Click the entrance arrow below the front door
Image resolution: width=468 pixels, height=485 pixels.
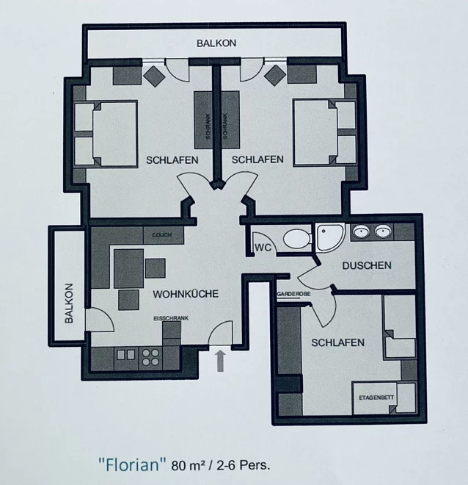point(220,360)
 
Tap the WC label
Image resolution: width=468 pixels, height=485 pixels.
point(263,248)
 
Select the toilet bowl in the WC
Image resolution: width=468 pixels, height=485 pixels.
point(297,239)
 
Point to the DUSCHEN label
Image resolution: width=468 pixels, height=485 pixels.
point(367,265)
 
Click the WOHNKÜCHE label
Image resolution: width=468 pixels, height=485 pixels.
point(186,294)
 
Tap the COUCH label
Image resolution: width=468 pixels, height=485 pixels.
point(162,234)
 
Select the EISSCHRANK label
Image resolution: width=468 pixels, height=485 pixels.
point(171,318)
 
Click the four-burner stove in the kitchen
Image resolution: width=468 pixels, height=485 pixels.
point(150,358)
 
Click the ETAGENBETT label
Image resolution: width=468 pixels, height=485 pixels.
point(376,398)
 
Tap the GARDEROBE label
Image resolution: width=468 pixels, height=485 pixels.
point(293,295)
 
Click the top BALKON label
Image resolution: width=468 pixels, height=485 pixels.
point(216,43)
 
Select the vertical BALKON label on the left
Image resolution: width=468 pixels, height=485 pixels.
point(70,303)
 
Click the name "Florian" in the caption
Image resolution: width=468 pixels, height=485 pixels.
point(132,464)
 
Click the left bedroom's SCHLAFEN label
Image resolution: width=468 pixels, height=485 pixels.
point(172,160)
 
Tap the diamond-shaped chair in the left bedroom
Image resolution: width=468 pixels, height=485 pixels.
point(155,76)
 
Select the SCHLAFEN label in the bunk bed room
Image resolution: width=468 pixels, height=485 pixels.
point(337,342)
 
